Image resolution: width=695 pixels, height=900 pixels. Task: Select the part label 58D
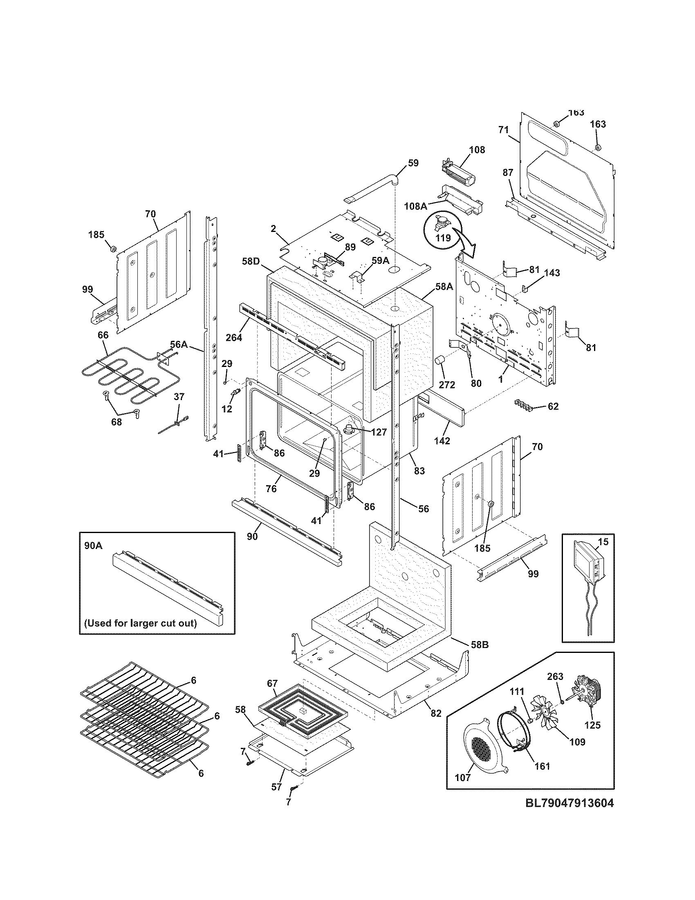point(251,261)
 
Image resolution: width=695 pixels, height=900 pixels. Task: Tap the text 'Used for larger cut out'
point(140,634)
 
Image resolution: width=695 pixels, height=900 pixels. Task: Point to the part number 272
point(447,385)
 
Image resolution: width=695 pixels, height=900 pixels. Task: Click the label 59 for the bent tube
point(413,163)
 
